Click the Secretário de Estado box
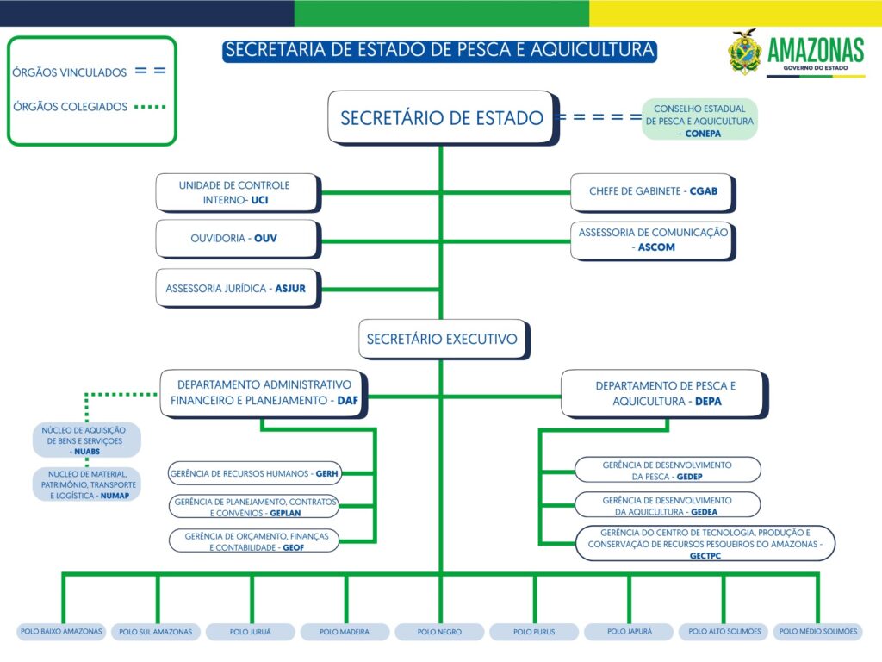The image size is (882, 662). (x=441, y=117)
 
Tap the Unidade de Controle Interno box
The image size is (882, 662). (x=236, y=193)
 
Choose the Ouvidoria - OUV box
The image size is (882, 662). (x=236, y=238)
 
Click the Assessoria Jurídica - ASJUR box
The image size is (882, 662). (x=236, y=289)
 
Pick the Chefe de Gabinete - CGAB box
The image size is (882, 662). (x=652, y=191)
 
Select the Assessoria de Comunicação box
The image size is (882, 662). (x=652, y=240)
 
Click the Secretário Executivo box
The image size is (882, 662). (x=442, y=339)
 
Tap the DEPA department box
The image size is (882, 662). (x=664, y=392)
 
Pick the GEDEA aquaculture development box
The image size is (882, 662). (x=667, y=505)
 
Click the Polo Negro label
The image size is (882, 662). (x=439, y=632)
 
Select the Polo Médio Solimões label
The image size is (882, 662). (x=818, y=631)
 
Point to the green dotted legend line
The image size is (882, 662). (x=150, y=107)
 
